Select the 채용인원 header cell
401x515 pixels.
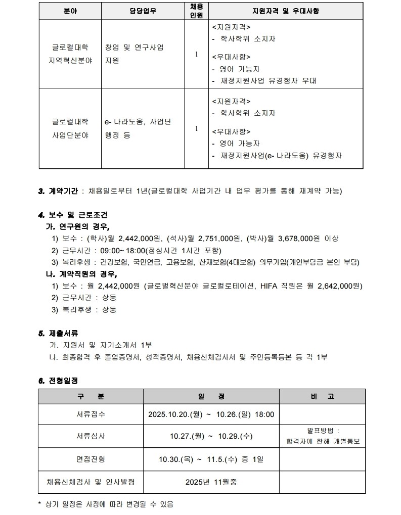coord(196,11)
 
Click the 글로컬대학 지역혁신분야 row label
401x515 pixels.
coord(70,54)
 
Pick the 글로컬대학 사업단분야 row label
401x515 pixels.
coord(70,128)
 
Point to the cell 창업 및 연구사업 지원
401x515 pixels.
coord(134,54)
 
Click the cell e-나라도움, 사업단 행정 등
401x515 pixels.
coord(138,128)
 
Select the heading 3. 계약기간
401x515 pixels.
coord(58,191)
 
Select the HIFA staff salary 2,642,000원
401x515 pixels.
coord(340,286)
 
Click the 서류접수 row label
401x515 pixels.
coord(91,414)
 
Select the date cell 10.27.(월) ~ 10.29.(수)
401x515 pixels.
coord(211,436)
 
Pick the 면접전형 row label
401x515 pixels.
coord(91,459)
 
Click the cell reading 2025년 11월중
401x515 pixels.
coord(211,482)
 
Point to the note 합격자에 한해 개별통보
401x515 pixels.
coord(323,441)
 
